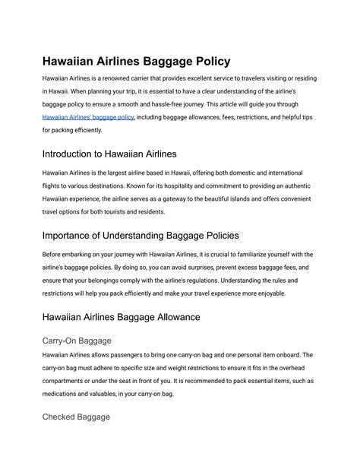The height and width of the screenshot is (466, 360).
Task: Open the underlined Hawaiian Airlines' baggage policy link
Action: coord(88,117)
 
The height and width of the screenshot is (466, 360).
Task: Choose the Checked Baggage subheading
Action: coord(76,417)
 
